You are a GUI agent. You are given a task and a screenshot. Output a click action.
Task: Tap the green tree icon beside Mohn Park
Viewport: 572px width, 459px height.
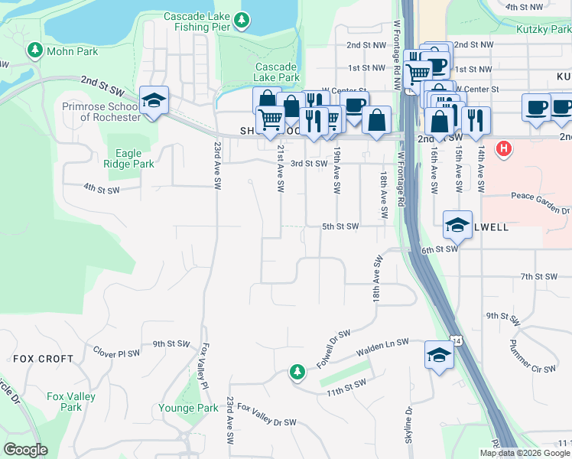coord(34,50)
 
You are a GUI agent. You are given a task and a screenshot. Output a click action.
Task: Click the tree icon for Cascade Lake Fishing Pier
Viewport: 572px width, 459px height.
coord(242,21)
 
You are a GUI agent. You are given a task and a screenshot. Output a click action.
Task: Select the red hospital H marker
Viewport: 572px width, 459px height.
coord(504,148)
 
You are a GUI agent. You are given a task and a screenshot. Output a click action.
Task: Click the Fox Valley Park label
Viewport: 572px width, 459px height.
coord(70,402)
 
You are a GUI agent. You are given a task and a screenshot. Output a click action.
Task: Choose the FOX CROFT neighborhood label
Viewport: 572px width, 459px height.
coord(44,358)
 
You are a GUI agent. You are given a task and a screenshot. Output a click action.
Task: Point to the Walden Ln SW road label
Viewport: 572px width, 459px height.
coord(382,347)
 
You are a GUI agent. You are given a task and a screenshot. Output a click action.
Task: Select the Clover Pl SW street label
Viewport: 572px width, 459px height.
coord(116,353)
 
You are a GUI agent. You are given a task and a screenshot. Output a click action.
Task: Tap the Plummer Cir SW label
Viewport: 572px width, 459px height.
coord(532,356)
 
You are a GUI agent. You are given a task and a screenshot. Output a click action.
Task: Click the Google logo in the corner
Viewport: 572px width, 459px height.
coord(25,450)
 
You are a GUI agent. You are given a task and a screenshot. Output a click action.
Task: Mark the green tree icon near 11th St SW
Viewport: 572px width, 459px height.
coord(297,372)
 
